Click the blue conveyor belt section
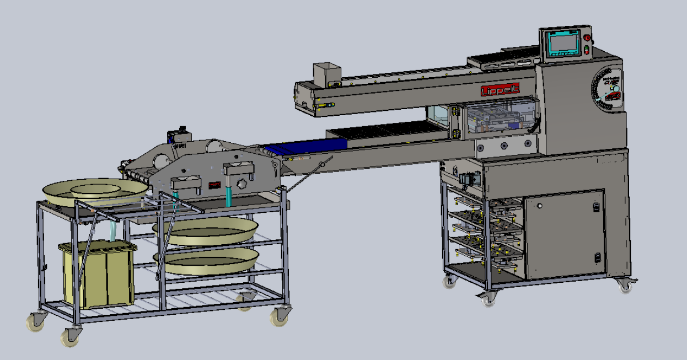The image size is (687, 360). click(x=304, y=148)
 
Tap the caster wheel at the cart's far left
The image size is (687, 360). click(x=36, y=321)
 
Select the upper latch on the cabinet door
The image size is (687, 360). click(x=596, y=207)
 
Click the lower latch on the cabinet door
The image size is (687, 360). click(x=597, y=257)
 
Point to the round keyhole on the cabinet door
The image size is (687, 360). click(x=539, y=206)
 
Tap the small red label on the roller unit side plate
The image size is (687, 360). click(x=215, y=186)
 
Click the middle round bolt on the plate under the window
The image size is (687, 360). click(x=504, y=146)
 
